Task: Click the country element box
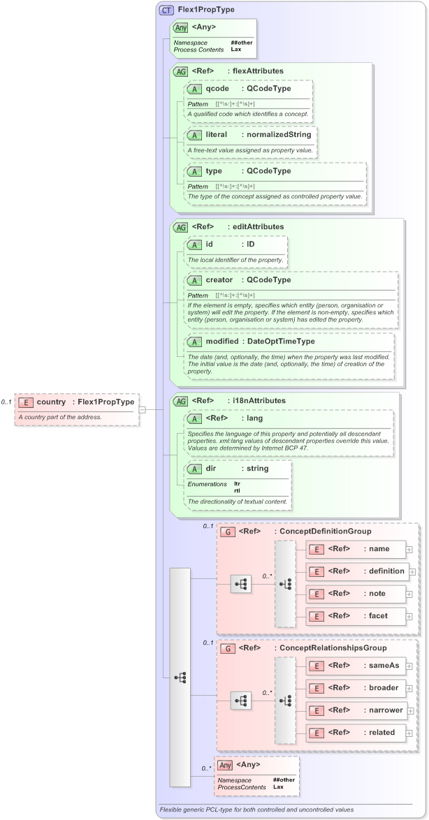click(76, 402)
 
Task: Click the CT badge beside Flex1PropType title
click(166, 10)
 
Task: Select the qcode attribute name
click(216, 89)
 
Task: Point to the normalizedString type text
click(277, 133)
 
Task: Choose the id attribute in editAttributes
click(210, 244)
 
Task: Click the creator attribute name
click(219, 280)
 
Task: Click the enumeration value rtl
click(237, 490)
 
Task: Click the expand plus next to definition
click(412, 571)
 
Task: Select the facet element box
click(356, 615)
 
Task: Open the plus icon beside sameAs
click(409, 666)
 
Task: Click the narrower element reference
click(356, 710)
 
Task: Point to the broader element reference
click(356, 688)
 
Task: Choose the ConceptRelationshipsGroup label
click(331, 648)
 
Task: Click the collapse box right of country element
click(143, 409)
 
